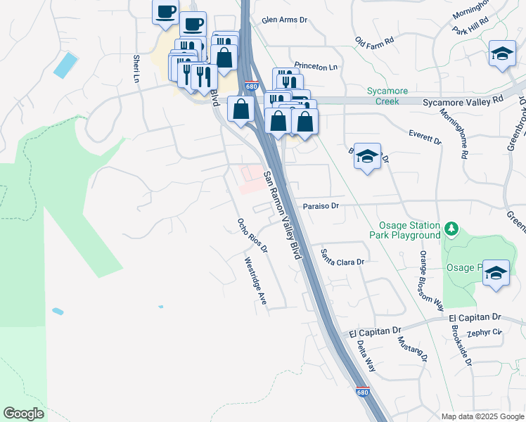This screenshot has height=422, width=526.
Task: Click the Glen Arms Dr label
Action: point(285,21)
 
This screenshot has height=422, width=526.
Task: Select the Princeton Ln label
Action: point(316,67)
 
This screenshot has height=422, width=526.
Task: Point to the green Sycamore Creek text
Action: point(383,96)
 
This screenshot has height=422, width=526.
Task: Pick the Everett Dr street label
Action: point(425,136)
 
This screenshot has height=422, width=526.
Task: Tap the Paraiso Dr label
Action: point(321,207)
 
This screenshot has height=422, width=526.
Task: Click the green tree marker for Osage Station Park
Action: point(451,229)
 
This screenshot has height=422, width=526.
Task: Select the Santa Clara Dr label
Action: point(345,257)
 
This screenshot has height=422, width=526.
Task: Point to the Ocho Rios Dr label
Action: point(252,236)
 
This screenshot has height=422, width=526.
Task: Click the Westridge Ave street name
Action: point(256,280)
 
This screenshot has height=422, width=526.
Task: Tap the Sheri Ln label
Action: point(136,68)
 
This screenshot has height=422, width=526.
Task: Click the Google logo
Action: point(23,413)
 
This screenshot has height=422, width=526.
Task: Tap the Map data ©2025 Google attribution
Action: point(482,416)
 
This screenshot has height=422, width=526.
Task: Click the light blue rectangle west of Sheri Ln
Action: point(65,65)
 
